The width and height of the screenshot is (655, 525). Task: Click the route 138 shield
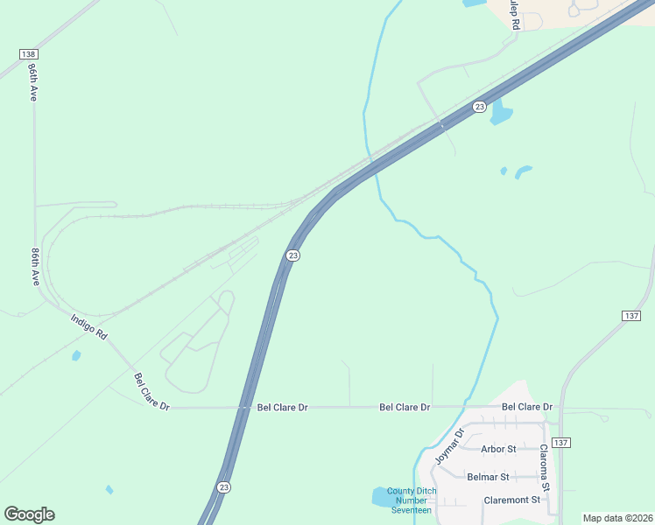click(x=28, y=54)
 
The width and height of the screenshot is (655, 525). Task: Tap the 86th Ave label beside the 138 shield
click(x=32, y=81)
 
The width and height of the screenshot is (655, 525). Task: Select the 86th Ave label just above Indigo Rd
click(x=36, y=266)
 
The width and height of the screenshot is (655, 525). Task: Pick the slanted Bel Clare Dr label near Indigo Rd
click(x=151, y=392)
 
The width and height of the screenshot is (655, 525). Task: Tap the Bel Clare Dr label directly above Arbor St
click(x=527, y=407)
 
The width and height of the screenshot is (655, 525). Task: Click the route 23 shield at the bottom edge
click(x=224, y=487)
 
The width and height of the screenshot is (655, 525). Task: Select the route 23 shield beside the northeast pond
click(x=479, y=107)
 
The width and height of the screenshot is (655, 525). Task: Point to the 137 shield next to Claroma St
click(x=561, y=443)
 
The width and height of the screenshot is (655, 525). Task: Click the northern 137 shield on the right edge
click(x=632, y=315)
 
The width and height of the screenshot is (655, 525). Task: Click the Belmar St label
click(x=488, y=477)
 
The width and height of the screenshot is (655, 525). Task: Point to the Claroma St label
click(x=544, y=468)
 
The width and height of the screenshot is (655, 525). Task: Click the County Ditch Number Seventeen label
click(x=410, y=500)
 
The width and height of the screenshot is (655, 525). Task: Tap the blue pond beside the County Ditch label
click(x=382, y=497)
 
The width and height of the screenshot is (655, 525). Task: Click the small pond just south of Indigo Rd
click(x=76, y=355)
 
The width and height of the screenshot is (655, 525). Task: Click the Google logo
click(x=29, y=514)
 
